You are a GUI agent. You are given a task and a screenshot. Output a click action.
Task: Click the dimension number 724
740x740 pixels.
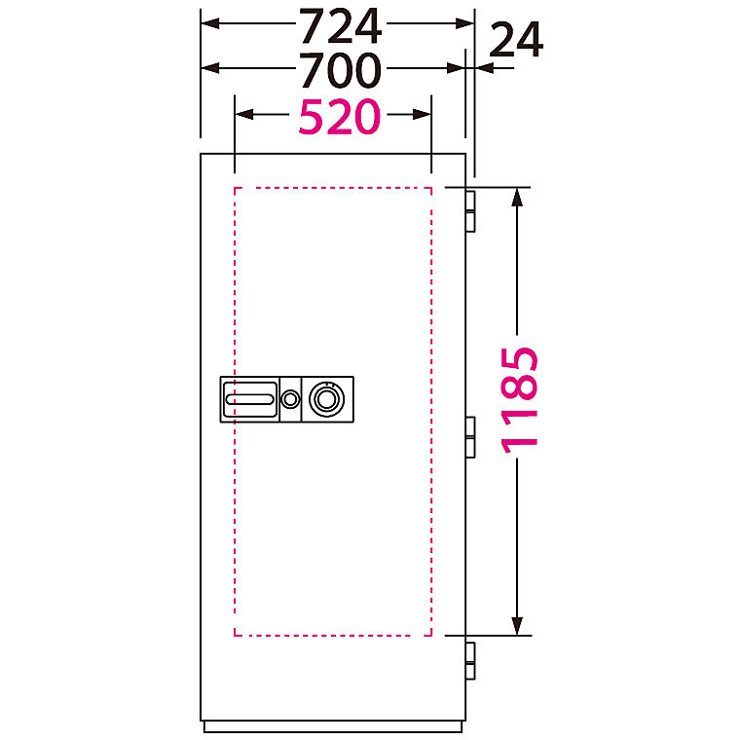pos(340,26)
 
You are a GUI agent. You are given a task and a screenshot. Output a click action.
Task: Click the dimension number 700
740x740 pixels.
pos(340,71)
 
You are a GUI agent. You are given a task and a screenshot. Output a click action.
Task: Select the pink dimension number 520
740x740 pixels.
pos(339,117)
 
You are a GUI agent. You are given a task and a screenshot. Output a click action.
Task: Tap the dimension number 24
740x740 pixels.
pos(516,41)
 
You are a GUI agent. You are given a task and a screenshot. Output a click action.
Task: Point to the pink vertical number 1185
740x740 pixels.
pos(519,400)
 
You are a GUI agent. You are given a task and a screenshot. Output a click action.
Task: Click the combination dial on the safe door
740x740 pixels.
pos(326,399)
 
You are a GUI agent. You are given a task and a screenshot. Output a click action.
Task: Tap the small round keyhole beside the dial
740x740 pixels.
pos(290,399)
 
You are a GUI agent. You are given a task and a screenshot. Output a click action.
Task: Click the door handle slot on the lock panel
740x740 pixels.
pos(249,399)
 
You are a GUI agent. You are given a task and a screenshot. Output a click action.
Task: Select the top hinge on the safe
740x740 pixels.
pos(470,211)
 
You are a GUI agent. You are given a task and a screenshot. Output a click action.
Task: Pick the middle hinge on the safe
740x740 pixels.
pos(470,437)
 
